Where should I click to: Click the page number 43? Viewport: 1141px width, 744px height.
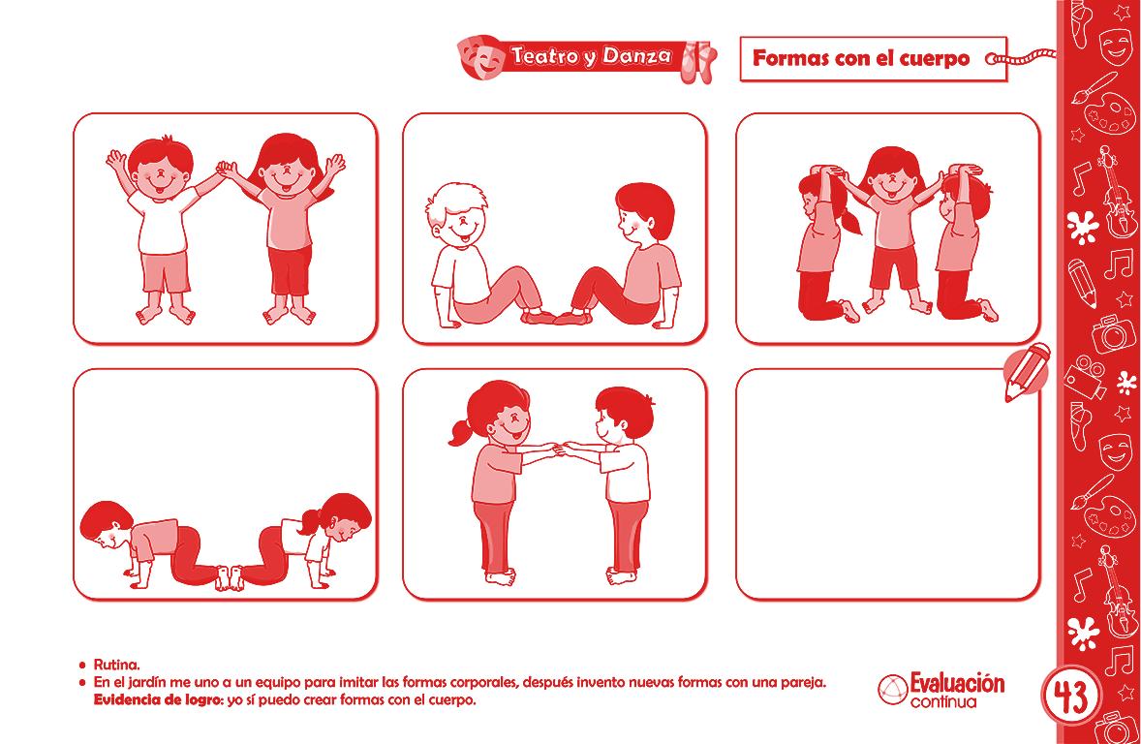[x=1070, y=697]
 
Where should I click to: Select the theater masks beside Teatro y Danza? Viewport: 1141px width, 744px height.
[x=480, y=57]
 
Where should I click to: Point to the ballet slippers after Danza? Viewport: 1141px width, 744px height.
[x=697, y=61]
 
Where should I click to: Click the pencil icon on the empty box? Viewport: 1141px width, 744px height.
[x=1026, y=371]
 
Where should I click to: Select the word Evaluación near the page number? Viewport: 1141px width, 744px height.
[x=957, y=683]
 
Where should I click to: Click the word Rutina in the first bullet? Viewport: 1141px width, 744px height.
[x=116, y=665]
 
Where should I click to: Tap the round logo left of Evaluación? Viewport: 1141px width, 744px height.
[x=892, y=690]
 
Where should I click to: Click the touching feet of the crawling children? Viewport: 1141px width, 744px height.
[x=229, y=577]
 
